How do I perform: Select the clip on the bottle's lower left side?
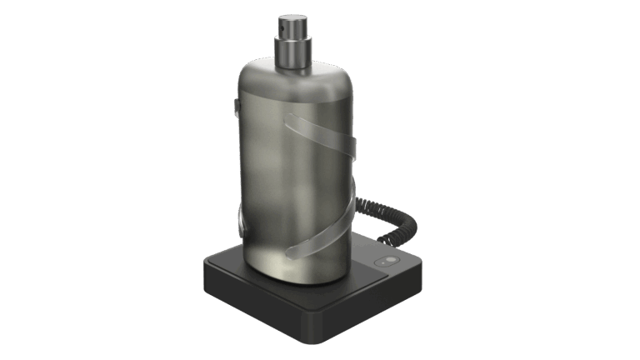(238, 222)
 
